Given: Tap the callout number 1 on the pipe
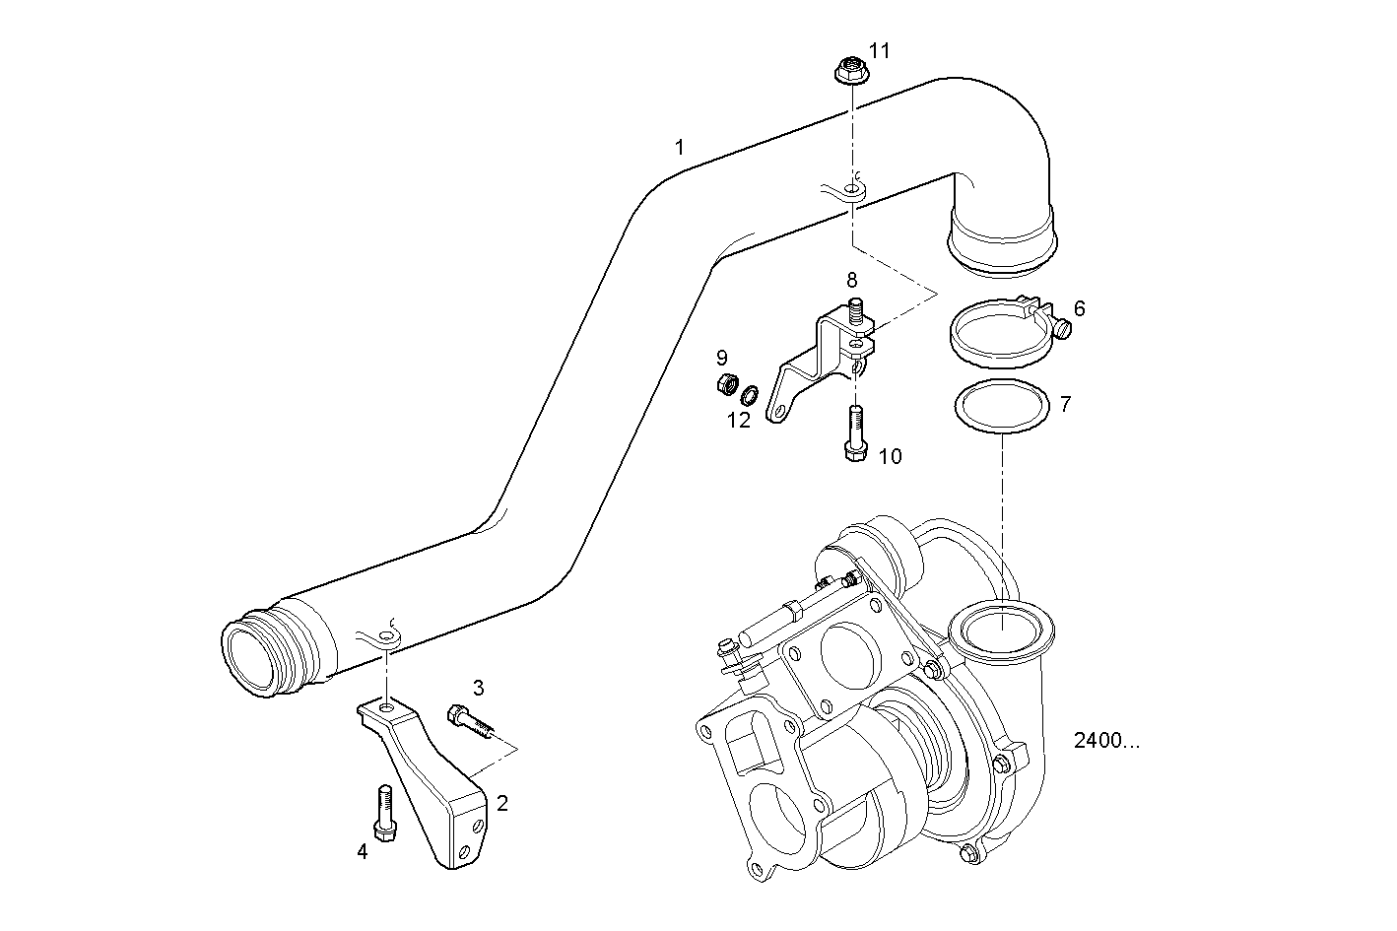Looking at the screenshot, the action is coord(679,148).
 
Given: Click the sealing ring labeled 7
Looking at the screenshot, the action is coord(1001,404).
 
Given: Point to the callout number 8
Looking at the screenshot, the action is coord(852,281).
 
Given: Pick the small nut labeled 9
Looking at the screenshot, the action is coord(726,383).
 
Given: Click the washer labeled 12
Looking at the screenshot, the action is coord(750,396).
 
